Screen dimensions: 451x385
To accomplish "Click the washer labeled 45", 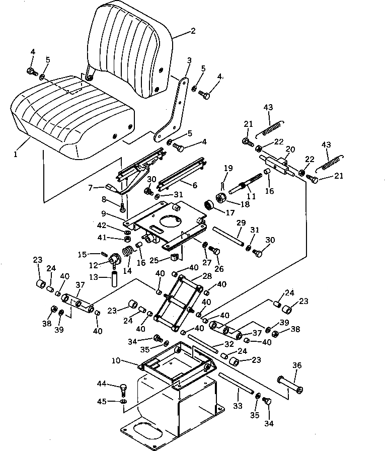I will click(x=123, y=401).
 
